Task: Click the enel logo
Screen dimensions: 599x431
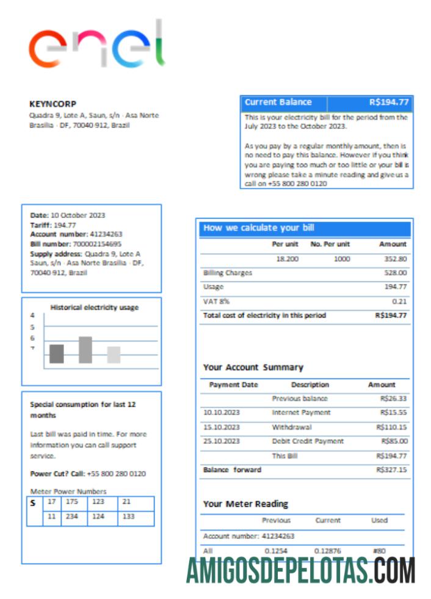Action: pos(96,46)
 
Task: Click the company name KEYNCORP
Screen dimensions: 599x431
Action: pos(53,104)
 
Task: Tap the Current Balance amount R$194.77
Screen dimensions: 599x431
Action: pos(388,103)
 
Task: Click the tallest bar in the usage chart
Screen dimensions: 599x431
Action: pos(85,350)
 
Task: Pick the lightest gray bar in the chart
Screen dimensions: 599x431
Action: pos(114,355)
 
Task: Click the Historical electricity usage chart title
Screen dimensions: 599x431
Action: pos(94,308)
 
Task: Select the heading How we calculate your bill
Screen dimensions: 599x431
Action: pos(259,228)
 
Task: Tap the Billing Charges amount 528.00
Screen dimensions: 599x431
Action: pos(395,273)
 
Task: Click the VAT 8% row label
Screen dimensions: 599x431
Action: pos(216,302)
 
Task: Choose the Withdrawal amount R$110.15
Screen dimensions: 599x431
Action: pos(391,427)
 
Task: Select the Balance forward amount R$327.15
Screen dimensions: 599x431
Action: pos(391,470)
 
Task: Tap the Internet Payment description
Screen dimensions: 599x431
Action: pos(301,413)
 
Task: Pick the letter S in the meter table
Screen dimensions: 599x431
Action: pos(32,503)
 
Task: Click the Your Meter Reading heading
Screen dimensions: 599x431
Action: pos(245,504)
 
